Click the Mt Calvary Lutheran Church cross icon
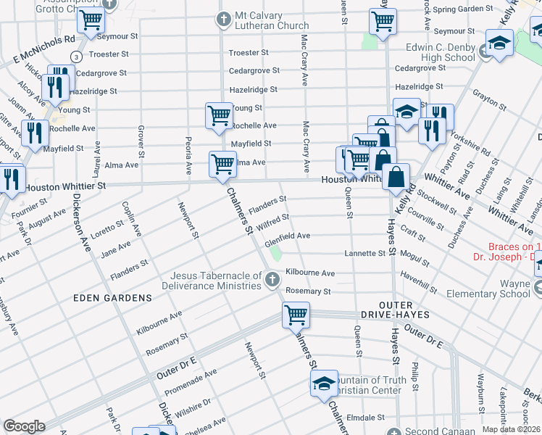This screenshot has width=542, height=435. pos(225,19)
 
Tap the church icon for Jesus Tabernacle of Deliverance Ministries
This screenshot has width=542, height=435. pos(272,280)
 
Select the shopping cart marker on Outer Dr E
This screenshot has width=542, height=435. pos(296,315)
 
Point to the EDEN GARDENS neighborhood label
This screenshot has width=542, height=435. pos(112,298)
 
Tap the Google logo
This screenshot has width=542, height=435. pos(24,426)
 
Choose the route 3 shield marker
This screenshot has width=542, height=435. pos(75,57)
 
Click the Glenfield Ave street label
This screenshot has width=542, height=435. pos(288,236)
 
